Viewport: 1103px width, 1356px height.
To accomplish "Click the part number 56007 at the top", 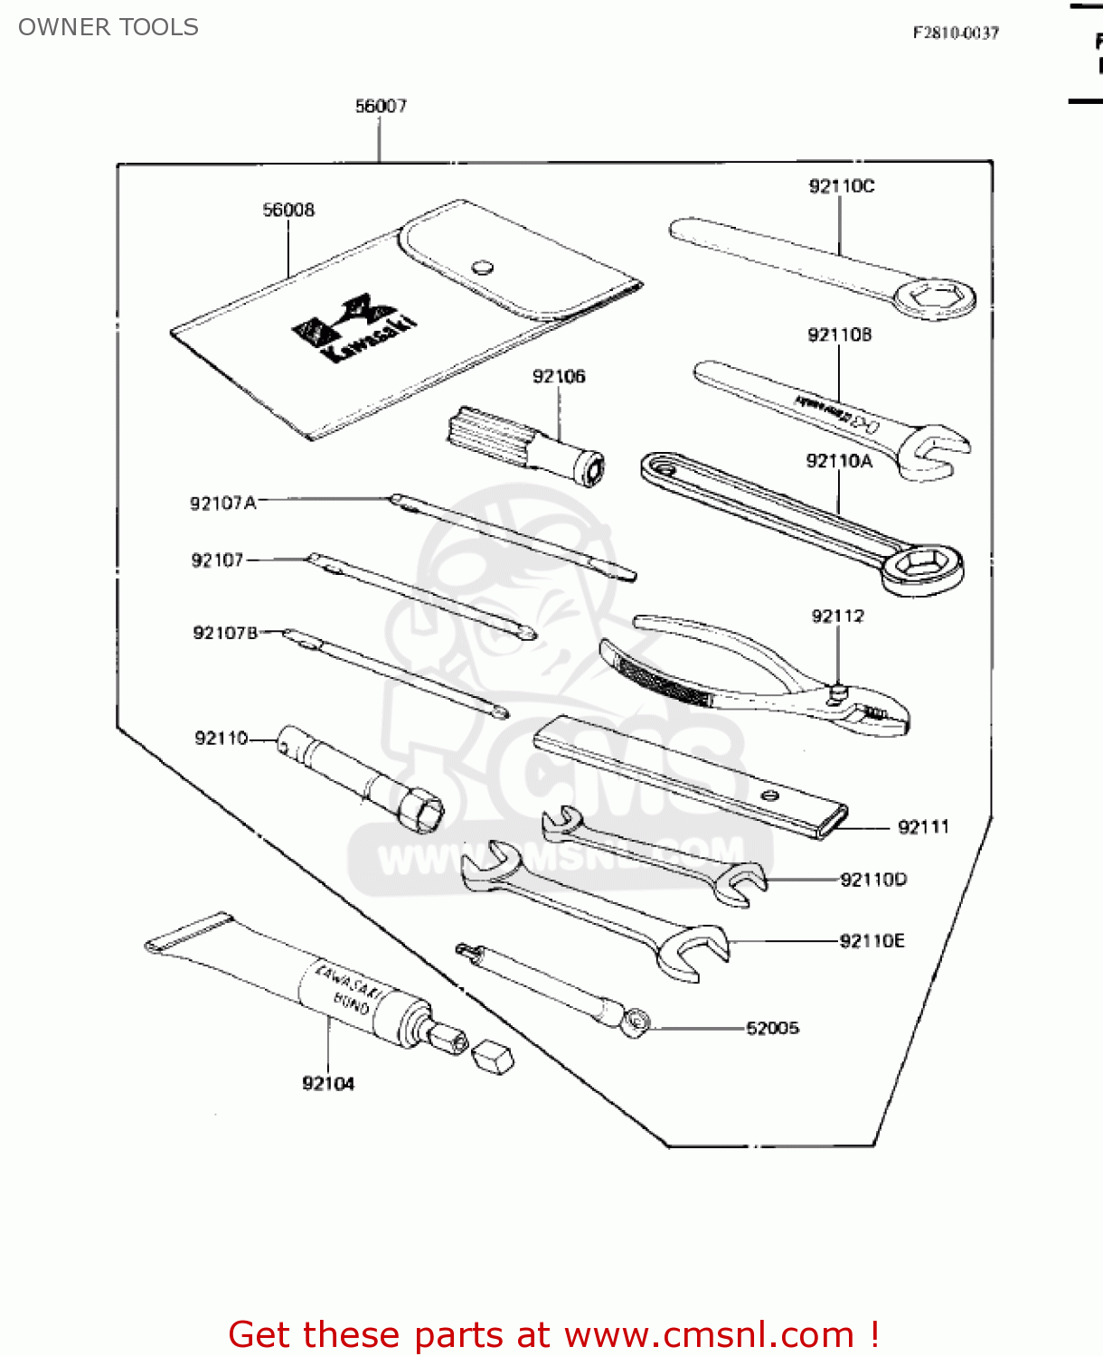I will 381,107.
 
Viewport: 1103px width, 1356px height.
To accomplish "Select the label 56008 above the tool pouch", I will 288,211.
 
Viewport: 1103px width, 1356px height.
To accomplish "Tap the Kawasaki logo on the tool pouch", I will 354,326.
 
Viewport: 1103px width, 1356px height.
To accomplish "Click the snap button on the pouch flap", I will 483,267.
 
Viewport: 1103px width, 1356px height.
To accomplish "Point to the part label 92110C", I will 841,186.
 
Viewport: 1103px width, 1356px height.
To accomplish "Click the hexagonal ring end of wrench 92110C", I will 935,297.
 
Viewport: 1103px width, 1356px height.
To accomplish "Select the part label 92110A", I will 839,462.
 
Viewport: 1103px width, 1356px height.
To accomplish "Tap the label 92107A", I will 222,503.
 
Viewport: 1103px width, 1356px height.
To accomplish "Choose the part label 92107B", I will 225,633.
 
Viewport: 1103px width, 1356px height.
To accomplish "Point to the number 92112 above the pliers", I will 837,617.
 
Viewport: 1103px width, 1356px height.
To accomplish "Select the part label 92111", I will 923,827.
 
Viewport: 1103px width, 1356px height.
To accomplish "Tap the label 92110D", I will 872,880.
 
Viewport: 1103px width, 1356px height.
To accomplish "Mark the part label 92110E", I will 872,941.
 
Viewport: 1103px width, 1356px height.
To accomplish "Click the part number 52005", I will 772,1028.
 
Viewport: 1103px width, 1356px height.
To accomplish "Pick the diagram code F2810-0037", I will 956,33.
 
